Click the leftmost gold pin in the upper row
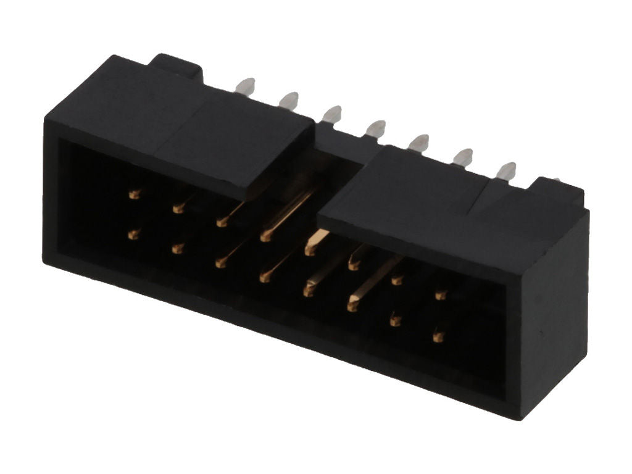pyautogui.click(x=134, y=194)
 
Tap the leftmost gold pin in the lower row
pyautogui.click(x=133, y=234)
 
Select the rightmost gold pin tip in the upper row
pyautogui.click(x=440, y=295)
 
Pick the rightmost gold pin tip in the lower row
pyautogui.click(x=438, y=337)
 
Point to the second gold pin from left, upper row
pyautogui.click(x=178, y=209)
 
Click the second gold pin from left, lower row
pyautogui.click(x=178, y=249)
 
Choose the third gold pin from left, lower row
pyautogui.click(x=220, y=263)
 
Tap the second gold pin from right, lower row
pyautogui.click(x=395, y=320)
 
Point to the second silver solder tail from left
pyautogui.click(x=288, y=100)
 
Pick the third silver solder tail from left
pyautogui.click(x=331, y=114)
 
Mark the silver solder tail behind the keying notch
pyautogui.click(x=375, y=129)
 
